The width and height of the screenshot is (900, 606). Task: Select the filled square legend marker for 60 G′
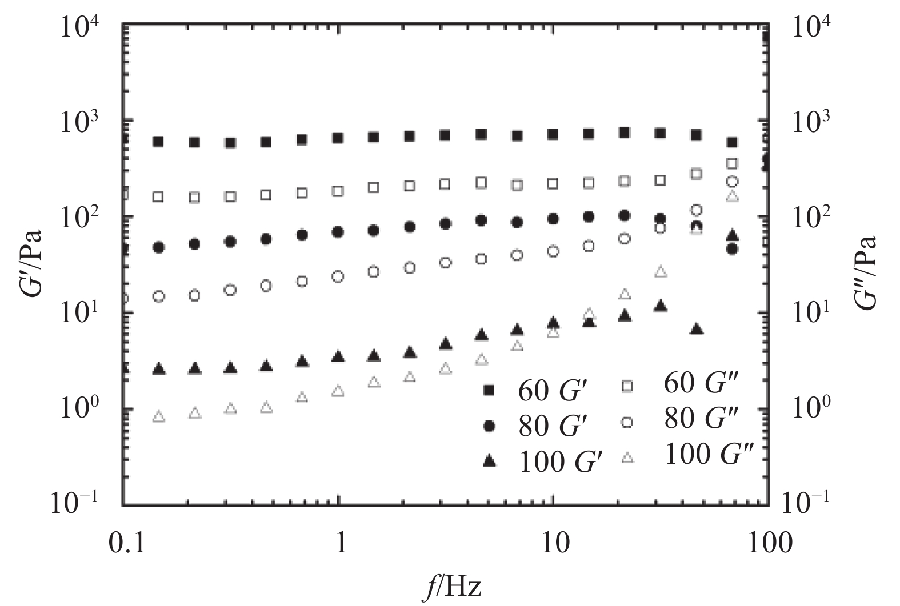489,390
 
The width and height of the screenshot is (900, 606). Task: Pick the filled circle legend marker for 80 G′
489,426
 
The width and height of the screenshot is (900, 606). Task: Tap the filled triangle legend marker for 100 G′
489,461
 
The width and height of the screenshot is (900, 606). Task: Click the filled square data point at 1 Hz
338,138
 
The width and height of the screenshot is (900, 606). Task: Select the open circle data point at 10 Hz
553,251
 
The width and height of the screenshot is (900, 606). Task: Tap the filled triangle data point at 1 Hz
338,358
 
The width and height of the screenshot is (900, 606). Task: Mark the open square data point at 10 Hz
553,184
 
